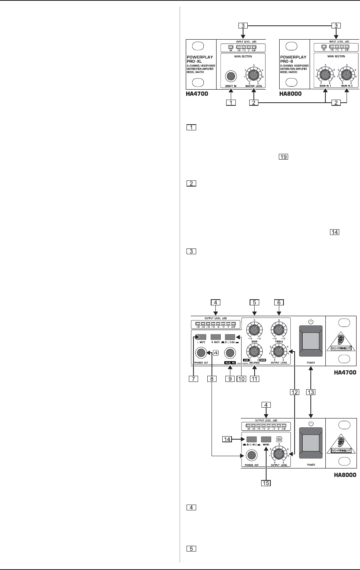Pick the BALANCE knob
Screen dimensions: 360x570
point(254,351)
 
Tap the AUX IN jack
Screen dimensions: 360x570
point(230,352)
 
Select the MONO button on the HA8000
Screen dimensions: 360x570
point(266,439)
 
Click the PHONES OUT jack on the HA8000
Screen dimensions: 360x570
point(251,455)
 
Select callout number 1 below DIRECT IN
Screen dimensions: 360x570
point(231,103)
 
